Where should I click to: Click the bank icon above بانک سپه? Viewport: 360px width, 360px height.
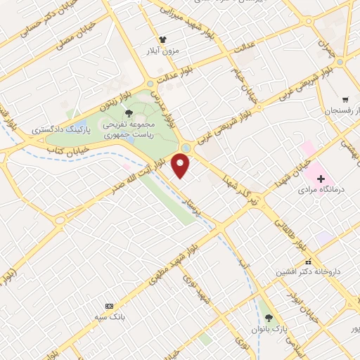[x=108, y=306]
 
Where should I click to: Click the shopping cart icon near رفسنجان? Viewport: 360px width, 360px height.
[x=345, y=99]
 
